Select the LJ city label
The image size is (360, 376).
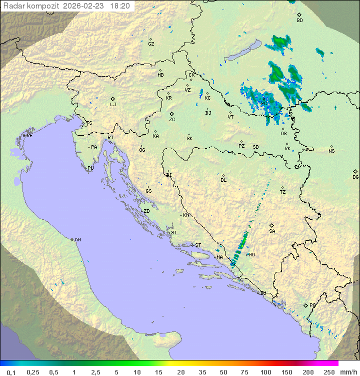click(x=113, y=105)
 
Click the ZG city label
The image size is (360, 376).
click(x=172, y=120)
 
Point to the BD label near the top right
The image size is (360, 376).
click(x=299, y=21)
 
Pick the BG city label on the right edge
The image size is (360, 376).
click(x=355, y=177)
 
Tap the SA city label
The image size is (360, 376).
click(x=272, y=231)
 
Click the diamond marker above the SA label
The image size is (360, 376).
click(x=272, y=225)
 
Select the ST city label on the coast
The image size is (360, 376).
click(x=198, y=245)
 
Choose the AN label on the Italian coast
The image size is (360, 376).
click(x=77, y=240)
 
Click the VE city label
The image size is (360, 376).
click(x=29, y=136)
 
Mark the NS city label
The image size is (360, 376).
click(x=331, y=151)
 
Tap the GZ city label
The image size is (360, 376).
click(x=151, y=44)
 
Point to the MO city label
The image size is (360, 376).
click(x=251, y=255)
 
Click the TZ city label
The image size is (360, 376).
click(x=282, y=192)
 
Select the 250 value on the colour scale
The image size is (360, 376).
click(x=329, y=372)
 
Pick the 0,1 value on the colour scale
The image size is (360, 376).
click(x=11, y=372)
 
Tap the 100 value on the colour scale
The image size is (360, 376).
click(x=265, y=372)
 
